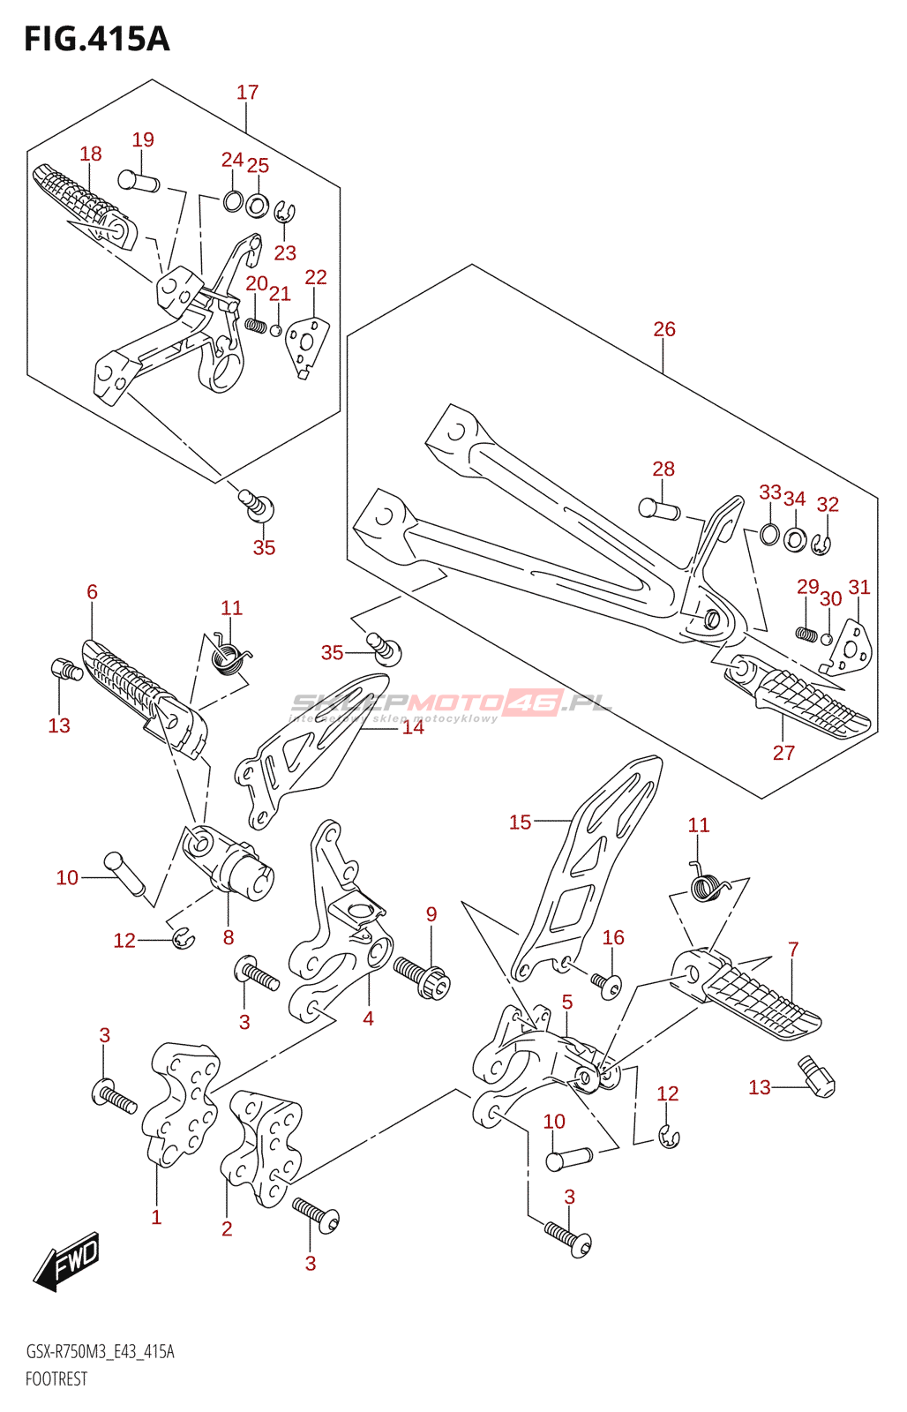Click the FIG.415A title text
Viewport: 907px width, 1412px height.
(x=96, y=39)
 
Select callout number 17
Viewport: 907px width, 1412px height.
(x=248, y=92)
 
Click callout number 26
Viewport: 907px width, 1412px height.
(x=664, y=329)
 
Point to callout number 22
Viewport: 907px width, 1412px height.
(x=316, y=277)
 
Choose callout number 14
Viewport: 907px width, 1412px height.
(x=413, y=727)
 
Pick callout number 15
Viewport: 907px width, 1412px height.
(x=520, y=822)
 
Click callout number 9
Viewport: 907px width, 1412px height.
(x=431, y=913)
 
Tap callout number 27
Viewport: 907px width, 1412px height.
(x=783, y=753)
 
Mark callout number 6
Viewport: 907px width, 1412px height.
(x=93, y=592)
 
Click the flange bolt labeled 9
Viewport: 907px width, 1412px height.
(x=423, y=978)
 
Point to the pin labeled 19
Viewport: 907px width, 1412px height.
(x=139, y=181)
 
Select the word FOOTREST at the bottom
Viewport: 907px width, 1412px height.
(x=56, y=1379)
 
